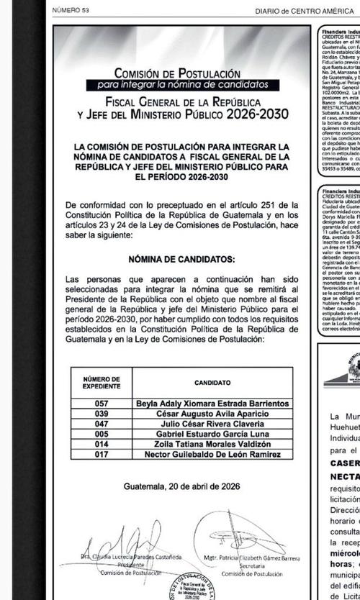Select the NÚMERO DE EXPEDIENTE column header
(x=102, y=383)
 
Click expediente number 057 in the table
(x=102, y=404)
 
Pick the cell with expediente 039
(x=102, y=414)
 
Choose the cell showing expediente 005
(x=102, y=435)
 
